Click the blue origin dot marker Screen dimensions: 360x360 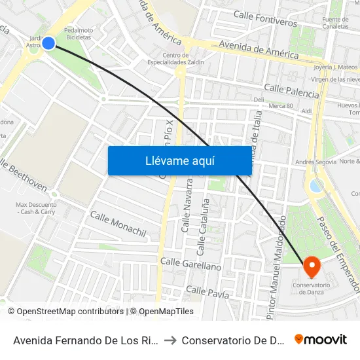[x=48, y=43]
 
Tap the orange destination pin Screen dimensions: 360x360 [x=312, y=267]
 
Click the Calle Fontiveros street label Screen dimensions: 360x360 [x=264, y=18]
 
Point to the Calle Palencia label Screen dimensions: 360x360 [x=291, y=90]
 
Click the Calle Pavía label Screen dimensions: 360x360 [x=207, y=292]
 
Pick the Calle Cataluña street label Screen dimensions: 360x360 [x=202, y=226]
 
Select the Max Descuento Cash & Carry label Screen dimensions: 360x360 [x=35, y=208]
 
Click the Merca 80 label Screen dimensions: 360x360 [x=281, y=105]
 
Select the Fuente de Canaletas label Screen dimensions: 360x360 [x=335, y=24]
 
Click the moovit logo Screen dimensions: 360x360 [x=321, y=339]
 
